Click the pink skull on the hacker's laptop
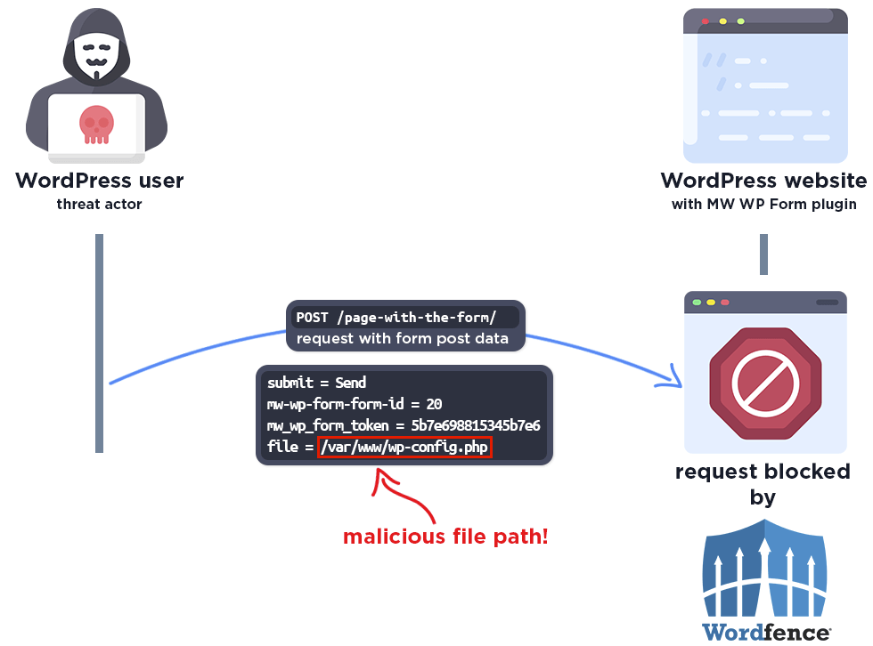[96, 124]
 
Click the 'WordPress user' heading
[99, 181]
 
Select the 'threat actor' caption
[99, 205]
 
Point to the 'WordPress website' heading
[763, 181]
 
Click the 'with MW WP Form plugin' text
[763, 205]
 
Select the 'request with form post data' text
[403, 338]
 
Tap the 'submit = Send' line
[317, 383]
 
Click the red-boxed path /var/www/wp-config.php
[404, 447]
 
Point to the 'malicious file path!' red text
[445, 537]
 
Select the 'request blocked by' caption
[763, 483]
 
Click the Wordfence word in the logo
[766, 633]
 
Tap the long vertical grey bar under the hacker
[100, 343]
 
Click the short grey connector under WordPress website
[763, 254]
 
